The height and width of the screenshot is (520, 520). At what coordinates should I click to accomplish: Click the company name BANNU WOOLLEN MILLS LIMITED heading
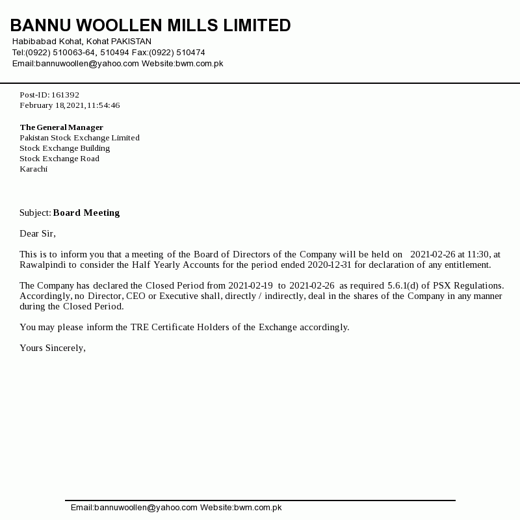(x=150, y=25)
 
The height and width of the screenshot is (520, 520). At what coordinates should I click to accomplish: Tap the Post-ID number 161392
(x=65, y=95)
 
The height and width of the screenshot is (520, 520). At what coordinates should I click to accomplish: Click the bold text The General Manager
(x=61, y=127)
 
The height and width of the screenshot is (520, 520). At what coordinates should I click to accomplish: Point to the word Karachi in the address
(x=33, y=169)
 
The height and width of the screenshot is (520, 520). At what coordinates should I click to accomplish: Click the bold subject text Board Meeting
(x=86, y=213)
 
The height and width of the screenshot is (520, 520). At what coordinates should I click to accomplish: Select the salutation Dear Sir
(x=38, y=233)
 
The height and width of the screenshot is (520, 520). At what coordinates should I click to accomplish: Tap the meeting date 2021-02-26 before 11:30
(x=433, y=254)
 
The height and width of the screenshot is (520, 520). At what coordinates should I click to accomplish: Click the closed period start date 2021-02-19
(x=250, y=285)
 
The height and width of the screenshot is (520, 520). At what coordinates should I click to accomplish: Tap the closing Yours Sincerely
(x=53, y=348)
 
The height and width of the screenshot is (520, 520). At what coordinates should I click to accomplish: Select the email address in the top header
(x=87, y=63)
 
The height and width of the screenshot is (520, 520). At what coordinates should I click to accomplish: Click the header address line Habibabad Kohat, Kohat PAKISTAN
(x=82, y=42)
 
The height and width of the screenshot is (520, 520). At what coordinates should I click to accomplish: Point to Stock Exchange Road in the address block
(x=59, y=159)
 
